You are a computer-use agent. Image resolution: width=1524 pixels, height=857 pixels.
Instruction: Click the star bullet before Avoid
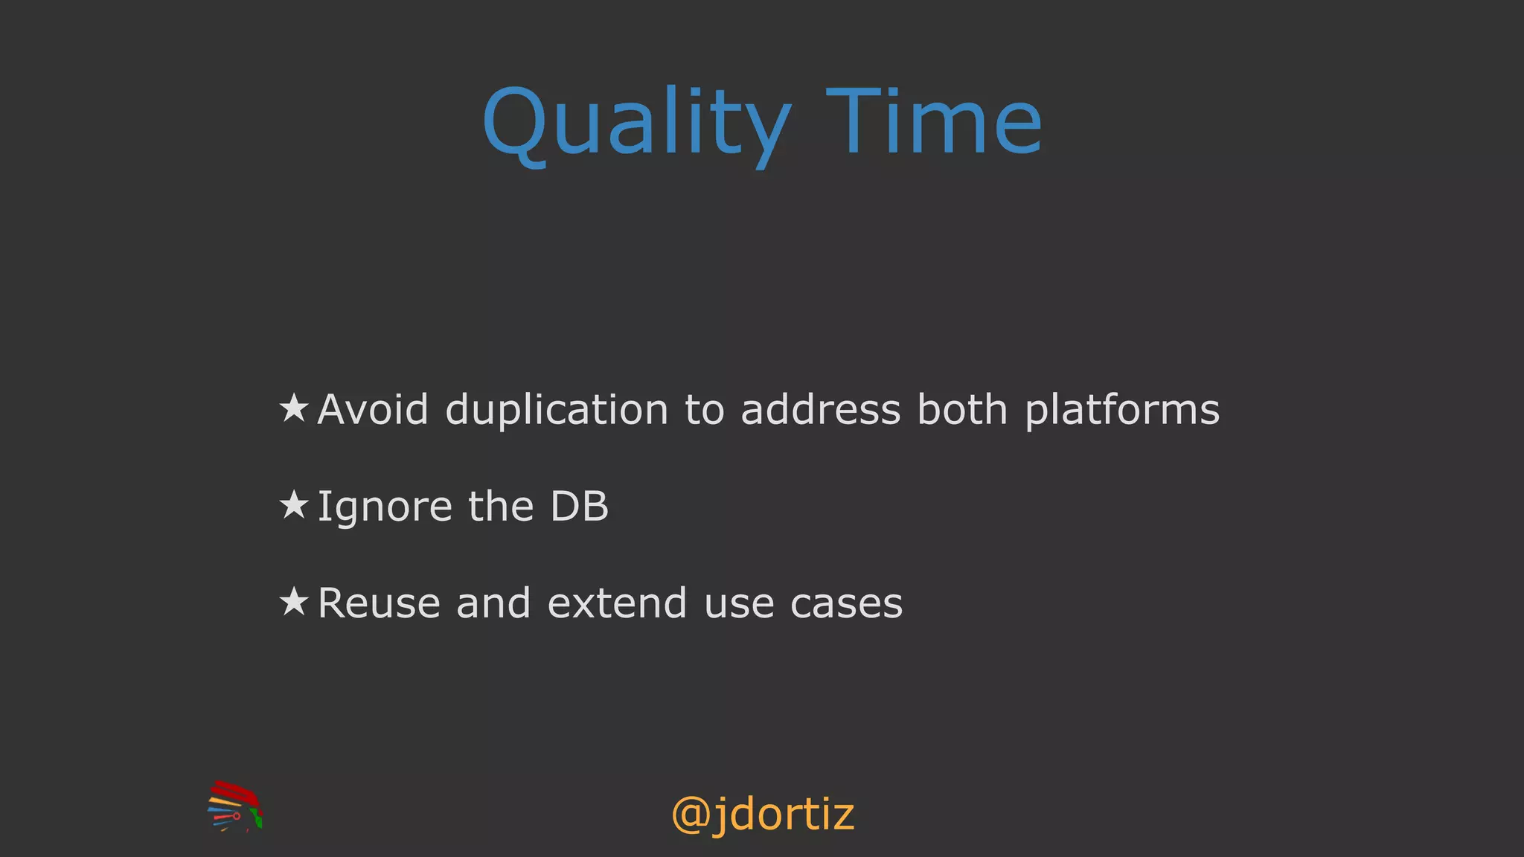coord(294,408)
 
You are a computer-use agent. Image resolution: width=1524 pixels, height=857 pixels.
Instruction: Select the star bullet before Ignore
coord(294,505)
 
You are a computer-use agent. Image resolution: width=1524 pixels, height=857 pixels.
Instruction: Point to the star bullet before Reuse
coord(294,602)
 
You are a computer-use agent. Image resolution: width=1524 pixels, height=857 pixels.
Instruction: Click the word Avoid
coord(373,410)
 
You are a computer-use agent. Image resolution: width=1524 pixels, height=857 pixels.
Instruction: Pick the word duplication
coord(557,411)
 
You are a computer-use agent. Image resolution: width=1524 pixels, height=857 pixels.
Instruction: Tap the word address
coord(821,410)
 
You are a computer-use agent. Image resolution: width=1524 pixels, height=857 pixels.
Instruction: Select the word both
coord(962,410)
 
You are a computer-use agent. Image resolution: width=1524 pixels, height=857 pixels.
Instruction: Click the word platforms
coord(1122,411)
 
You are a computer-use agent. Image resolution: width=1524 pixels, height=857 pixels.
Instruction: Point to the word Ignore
coord(385,508)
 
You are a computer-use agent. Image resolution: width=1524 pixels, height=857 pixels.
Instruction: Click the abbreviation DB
coord(579,507)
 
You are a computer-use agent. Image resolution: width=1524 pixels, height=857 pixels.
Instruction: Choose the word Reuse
coord(378,603)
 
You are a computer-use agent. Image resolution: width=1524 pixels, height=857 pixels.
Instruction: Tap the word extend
coord(617,603)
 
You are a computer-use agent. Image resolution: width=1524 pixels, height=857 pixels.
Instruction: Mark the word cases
coord(846,605)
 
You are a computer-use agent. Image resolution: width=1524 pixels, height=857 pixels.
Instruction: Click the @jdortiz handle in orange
coord(762,815)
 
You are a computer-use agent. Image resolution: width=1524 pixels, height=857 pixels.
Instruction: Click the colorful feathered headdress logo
coord(235,806)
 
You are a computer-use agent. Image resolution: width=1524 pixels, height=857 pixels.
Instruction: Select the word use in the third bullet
coord(739,605)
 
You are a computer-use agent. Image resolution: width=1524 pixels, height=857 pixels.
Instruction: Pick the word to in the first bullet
coord(704,411)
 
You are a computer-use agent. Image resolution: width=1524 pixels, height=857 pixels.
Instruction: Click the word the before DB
coord(501,507)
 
